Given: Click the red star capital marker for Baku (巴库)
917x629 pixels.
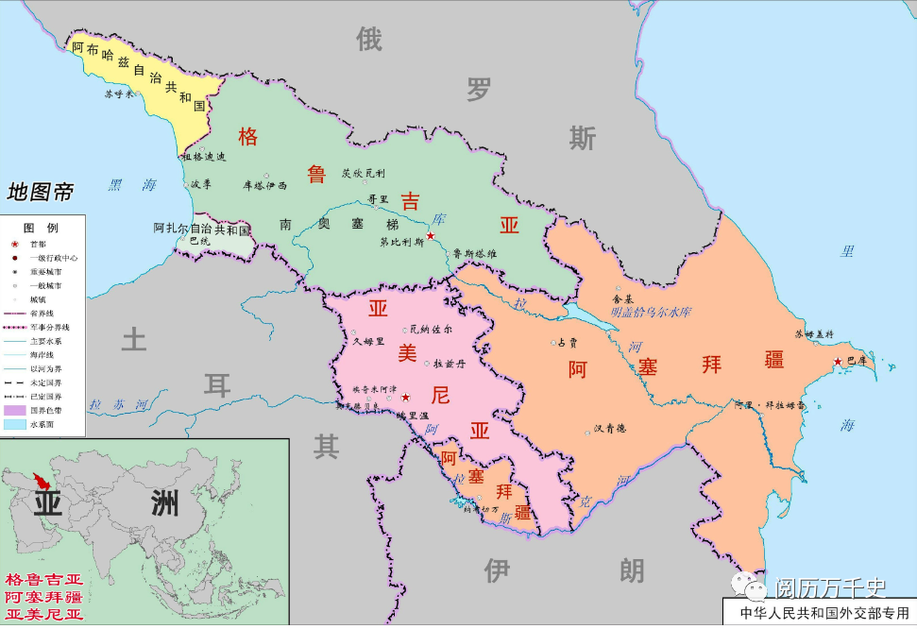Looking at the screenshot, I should coord(837,362).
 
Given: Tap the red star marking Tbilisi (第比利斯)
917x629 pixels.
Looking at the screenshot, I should coord(431,235).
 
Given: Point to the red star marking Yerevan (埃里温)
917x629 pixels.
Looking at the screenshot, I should coord(405,398).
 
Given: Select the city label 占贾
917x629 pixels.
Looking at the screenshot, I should coord(567,343).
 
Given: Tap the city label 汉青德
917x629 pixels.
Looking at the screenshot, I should coord(610,428).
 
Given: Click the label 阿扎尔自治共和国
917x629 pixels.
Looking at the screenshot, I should coord(201,229).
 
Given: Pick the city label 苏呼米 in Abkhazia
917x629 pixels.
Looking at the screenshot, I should coord(120,93).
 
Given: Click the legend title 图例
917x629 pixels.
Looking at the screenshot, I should coord(41,229).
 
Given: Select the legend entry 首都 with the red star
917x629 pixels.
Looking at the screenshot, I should coord(37,244).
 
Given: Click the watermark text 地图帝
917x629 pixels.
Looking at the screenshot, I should coord(40,193).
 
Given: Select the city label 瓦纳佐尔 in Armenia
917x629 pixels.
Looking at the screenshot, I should coord(431,330).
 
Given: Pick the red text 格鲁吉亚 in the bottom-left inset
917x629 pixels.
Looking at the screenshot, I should coord(43,579).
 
